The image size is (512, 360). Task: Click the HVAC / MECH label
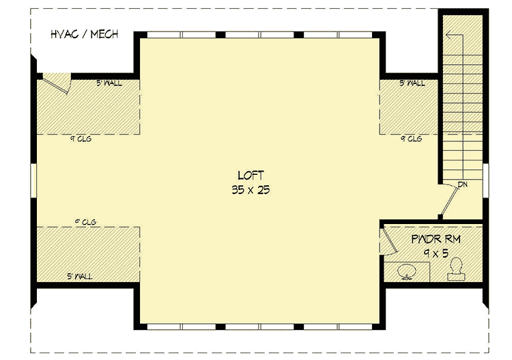(84, 33)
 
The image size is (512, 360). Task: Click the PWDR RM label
(436, 240)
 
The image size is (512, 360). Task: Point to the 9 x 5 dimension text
(436, 254)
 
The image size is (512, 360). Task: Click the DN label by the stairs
(462, 184)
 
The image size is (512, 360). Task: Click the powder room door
(387, 240)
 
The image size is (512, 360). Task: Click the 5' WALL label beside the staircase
(412, 83)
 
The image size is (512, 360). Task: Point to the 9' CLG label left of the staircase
(411, 139)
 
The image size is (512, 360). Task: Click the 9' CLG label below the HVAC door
(80, 139)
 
